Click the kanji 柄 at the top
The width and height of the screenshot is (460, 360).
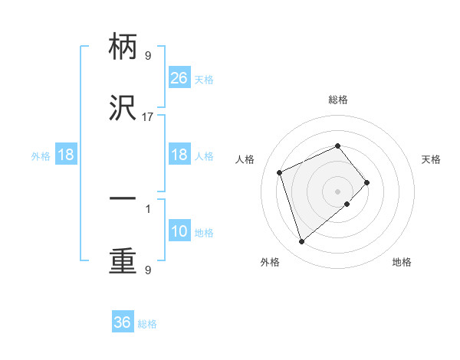(x=123, y=47)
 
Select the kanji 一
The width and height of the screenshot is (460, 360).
(x=123, y=198)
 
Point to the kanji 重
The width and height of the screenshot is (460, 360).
(x=123, y=261)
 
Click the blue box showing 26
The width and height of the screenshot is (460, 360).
(x=179, y=78)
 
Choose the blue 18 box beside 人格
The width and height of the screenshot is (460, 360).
(x=179, y=155)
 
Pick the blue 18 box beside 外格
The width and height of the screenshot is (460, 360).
(x=66, y=155)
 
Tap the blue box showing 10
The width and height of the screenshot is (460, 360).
(x=179, y=231)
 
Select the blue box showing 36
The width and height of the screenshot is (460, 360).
(x=123, y=322)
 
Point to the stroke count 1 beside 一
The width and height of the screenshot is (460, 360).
(x=147, y=208)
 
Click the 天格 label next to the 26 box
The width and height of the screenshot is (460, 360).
(x=204, y=80)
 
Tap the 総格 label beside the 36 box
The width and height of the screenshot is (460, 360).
(x=147, y=324)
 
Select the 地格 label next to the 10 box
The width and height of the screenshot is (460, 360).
(x=204, y=233)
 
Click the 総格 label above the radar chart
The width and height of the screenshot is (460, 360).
(x=338, y=100)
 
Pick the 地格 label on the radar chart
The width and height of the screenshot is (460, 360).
(x=402, y=262)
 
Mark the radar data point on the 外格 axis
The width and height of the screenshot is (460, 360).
(x=302, y=242)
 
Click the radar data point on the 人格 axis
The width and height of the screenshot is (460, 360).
(x=280, y=172)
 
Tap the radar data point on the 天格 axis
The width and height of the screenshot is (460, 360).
(x=367, y=182)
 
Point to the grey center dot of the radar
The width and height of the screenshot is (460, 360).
(x=338, y=191)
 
